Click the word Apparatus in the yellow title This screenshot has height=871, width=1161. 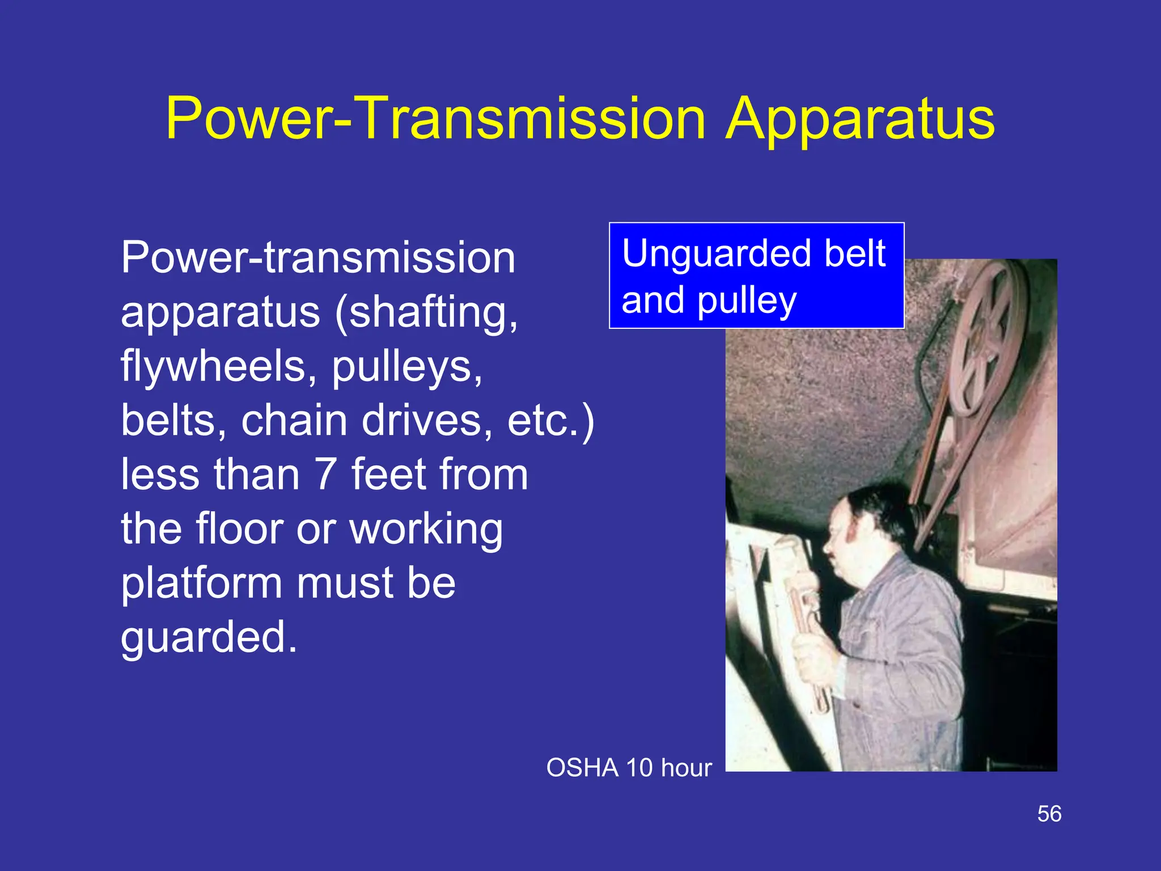[x=860, y=119]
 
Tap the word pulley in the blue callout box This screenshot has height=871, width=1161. [x=747, y=301]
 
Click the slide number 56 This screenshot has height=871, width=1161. [x=1049, y=814]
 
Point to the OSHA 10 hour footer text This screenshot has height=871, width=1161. [x=629, y=768]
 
